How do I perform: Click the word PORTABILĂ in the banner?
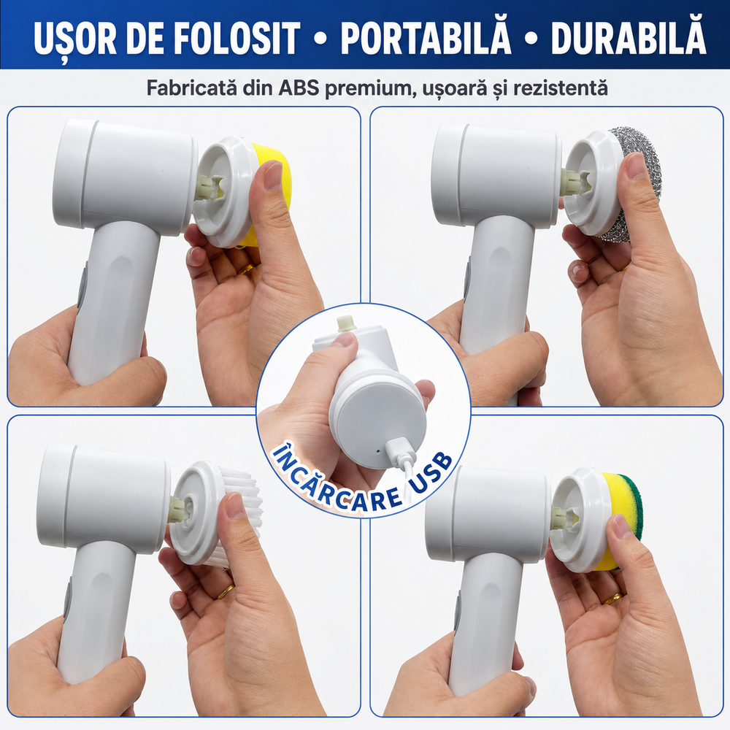426,37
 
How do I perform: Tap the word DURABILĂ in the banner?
629,37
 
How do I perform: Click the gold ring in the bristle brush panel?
226,592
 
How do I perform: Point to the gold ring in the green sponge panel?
614,598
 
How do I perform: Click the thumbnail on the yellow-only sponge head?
272,175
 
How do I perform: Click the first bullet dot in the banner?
320,38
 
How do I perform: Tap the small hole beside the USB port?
377,450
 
